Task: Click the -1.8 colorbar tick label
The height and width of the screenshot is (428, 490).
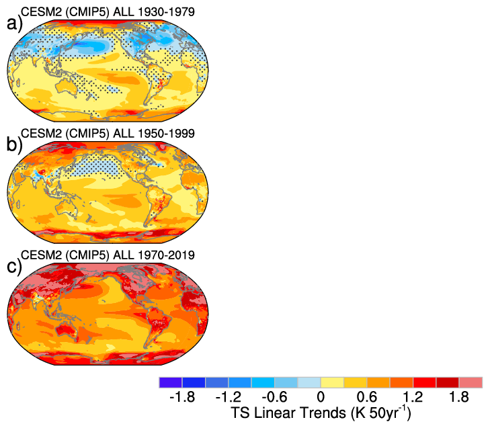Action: click(x=181, y=397)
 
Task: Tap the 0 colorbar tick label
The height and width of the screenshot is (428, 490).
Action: click(x=321, y=397)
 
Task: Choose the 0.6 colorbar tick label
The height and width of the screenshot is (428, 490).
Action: click(x=367, y=397)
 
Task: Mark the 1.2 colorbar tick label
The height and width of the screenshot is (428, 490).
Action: click(x=413, y=397)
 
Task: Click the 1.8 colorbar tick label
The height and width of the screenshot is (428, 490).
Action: click(x=460, y=397)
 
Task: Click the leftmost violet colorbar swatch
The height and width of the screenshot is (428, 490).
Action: click(x=171, y=382)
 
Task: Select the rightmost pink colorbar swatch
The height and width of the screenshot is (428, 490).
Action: click(x=471, y=382)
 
